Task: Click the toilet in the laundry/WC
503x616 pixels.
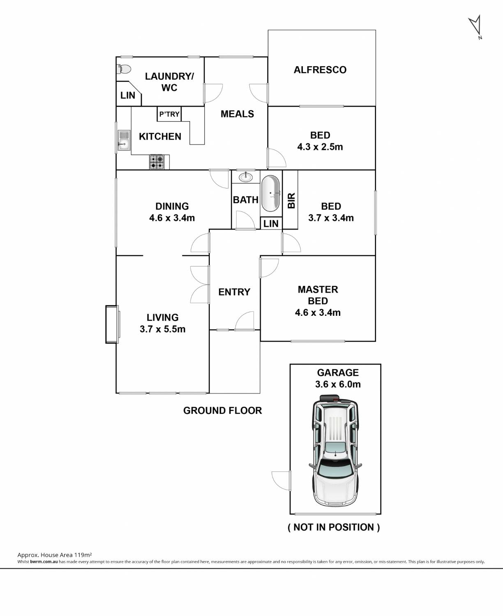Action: (124, 69)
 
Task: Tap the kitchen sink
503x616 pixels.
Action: (124, 140)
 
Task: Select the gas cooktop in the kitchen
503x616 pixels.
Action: (157, 162)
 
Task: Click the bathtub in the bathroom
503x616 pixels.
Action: (271, 194)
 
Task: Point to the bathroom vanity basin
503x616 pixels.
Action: (245, 177)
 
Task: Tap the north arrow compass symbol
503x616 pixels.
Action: (475, 27)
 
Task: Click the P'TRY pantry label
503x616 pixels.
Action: (169, 114)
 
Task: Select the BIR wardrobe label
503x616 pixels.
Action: (291, 201)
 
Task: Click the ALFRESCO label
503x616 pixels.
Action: (320, 70)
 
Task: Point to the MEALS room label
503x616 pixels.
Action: (238, 114)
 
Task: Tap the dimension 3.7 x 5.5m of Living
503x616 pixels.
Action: (162, 329)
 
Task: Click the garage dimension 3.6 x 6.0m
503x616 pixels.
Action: (338, 384)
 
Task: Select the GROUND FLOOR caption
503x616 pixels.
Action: (222, 411)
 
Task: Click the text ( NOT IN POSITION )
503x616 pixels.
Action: (334, 527)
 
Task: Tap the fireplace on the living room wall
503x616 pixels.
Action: (112, 324)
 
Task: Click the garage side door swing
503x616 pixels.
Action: (281, 480)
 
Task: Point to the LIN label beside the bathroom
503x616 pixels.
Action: (271, 224)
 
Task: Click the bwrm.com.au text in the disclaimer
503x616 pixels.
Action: (44, 562)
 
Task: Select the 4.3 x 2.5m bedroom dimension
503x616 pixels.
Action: (320, 147)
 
